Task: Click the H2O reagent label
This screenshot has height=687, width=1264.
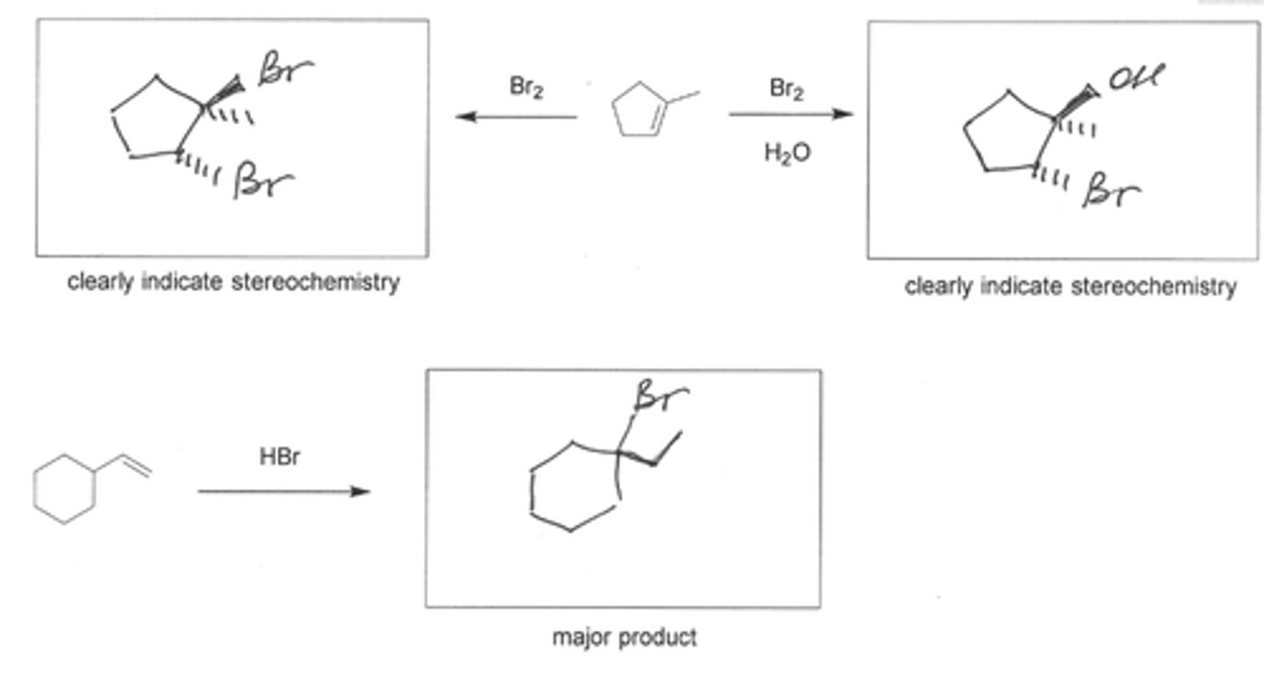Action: pos(787,154)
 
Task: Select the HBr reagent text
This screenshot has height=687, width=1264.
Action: pos(280,457)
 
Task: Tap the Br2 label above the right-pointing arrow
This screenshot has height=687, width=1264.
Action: pos(786,89)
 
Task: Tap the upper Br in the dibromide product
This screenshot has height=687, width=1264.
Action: pos(285,70)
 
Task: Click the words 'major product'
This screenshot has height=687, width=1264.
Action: pos(624,637)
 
